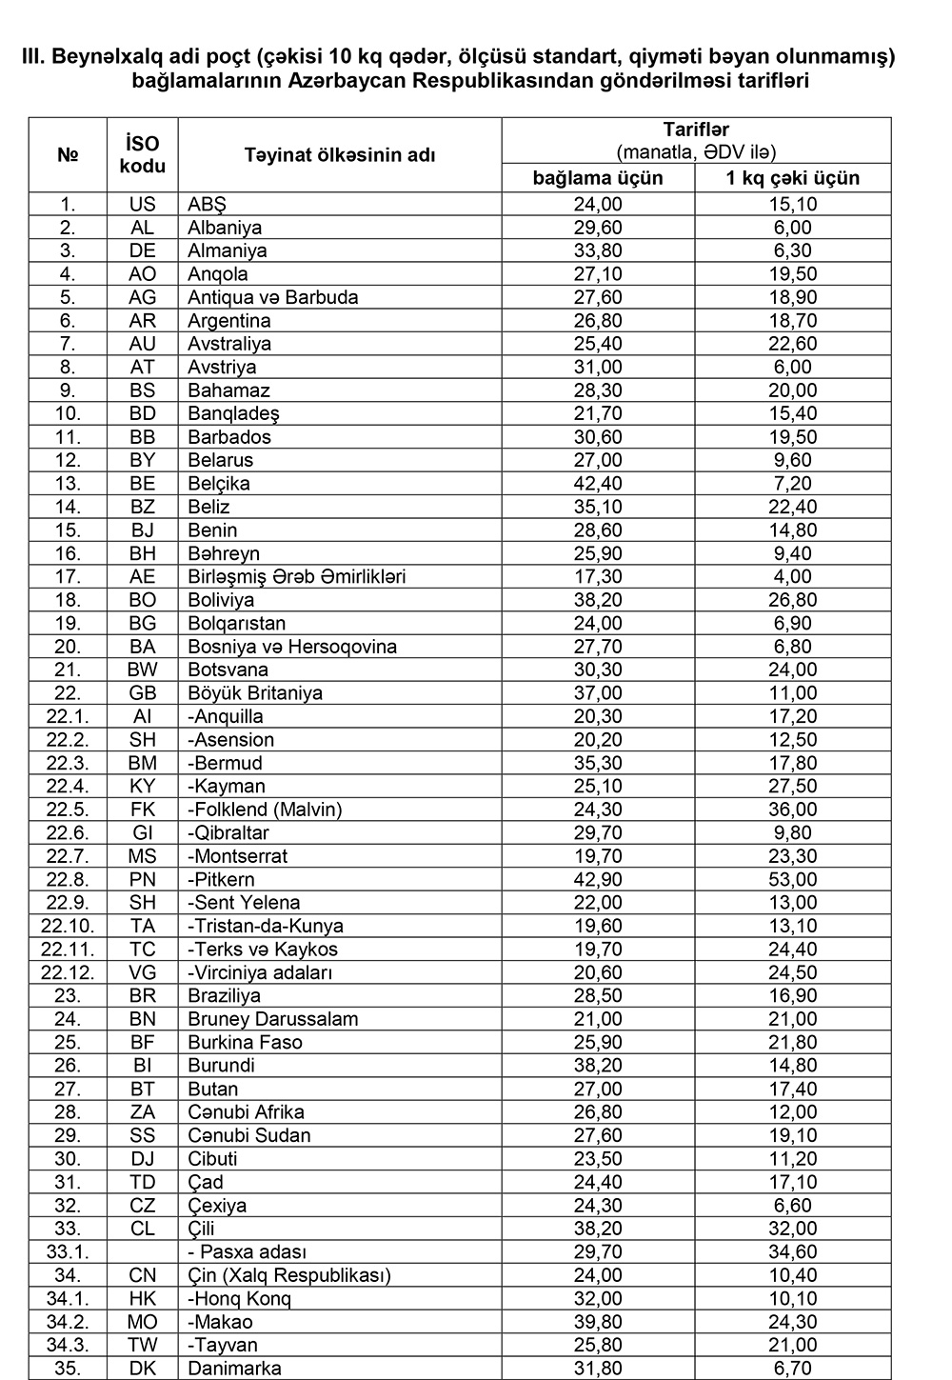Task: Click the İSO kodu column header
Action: coord(143,154)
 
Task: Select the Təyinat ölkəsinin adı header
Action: coord(339,154)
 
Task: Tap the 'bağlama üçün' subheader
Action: coord(597,178)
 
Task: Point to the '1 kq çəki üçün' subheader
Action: coord(792,178)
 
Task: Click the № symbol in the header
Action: coord(68,154)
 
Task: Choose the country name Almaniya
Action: coord(228,250)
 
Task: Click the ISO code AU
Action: coord(143,344)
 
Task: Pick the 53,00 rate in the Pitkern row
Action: coord(792,879)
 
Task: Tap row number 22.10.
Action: coord(68,926)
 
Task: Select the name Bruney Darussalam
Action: coord(273,1019)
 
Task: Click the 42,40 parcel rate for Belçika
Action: coord(597,484)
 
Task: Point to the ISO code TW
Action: coord(143,1345)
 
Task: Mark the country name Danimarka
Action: coord(234,1369)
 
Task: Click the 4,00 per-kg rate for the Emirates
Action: coord(792,576)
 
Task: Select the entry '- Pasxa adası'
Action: coord(248,1252)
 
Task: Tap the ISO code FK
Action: coord(143,810)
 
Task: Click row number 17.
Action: coord(68,576)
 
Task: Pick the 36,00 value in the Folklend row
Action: coord(792,810)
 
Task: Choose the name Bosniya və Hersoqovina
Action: coord(292,647)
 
